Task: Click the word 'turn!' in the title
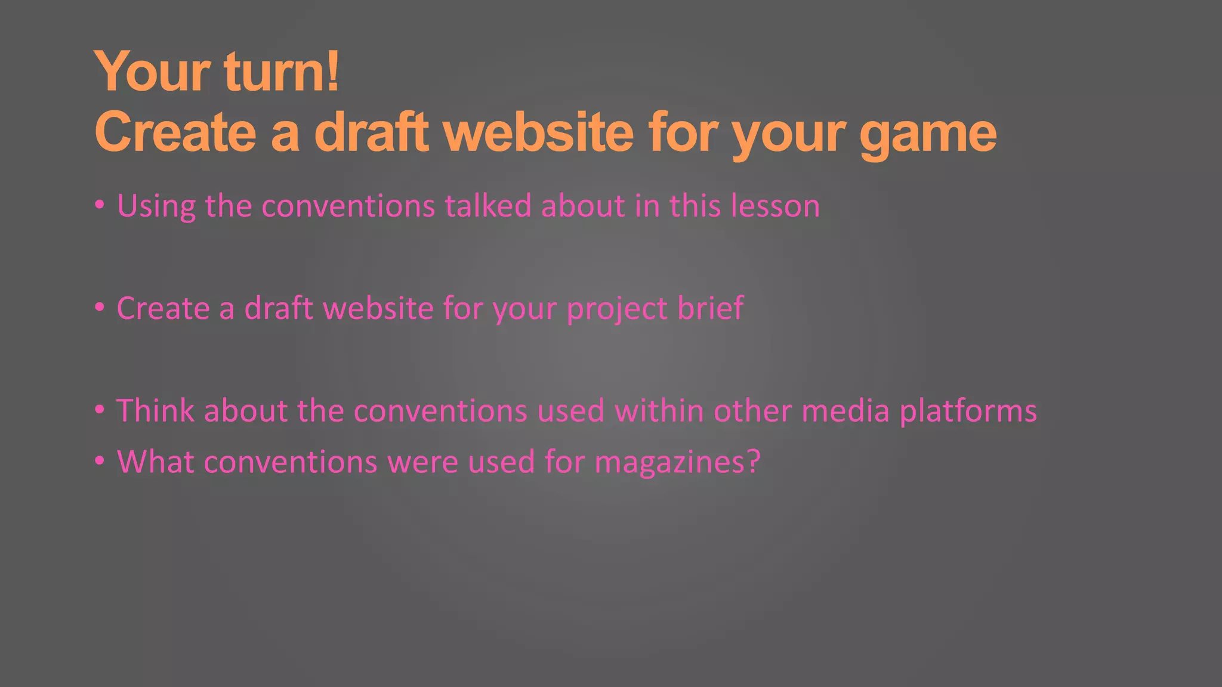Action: tap(282, 72)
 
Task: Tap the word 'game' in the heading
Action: tap(928, 134)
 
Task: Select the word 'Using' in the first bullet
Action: tap(156, 206)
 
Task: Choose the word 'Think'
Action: tap(155, 411)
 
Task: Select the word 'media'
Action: tap(845, 411)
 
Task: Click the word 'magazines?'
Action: tap(677, 463)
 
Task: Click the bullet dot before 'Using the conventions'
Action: tap(100, 205)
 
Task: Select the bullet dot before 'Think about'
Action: tap(100, 410)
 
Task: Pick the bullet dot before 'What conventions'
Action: tap(100, 460)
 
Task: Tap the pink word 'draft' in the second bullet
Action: tap(279, 309)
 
